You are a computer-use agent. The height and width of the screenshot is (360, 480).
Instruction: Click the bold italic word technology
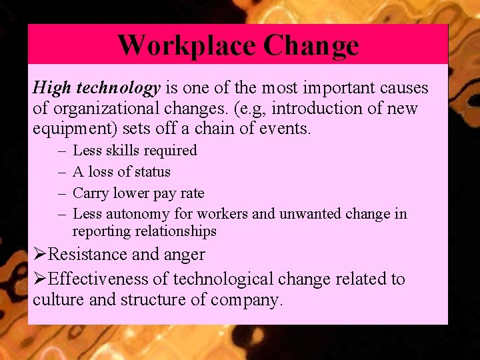[118, 88]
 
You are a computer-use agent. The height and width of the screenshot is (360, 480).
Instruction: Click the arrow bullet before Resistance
[40, 254]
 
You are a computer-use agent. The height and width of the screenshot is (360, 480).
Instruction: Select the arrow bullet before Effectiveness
[40, 279]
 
